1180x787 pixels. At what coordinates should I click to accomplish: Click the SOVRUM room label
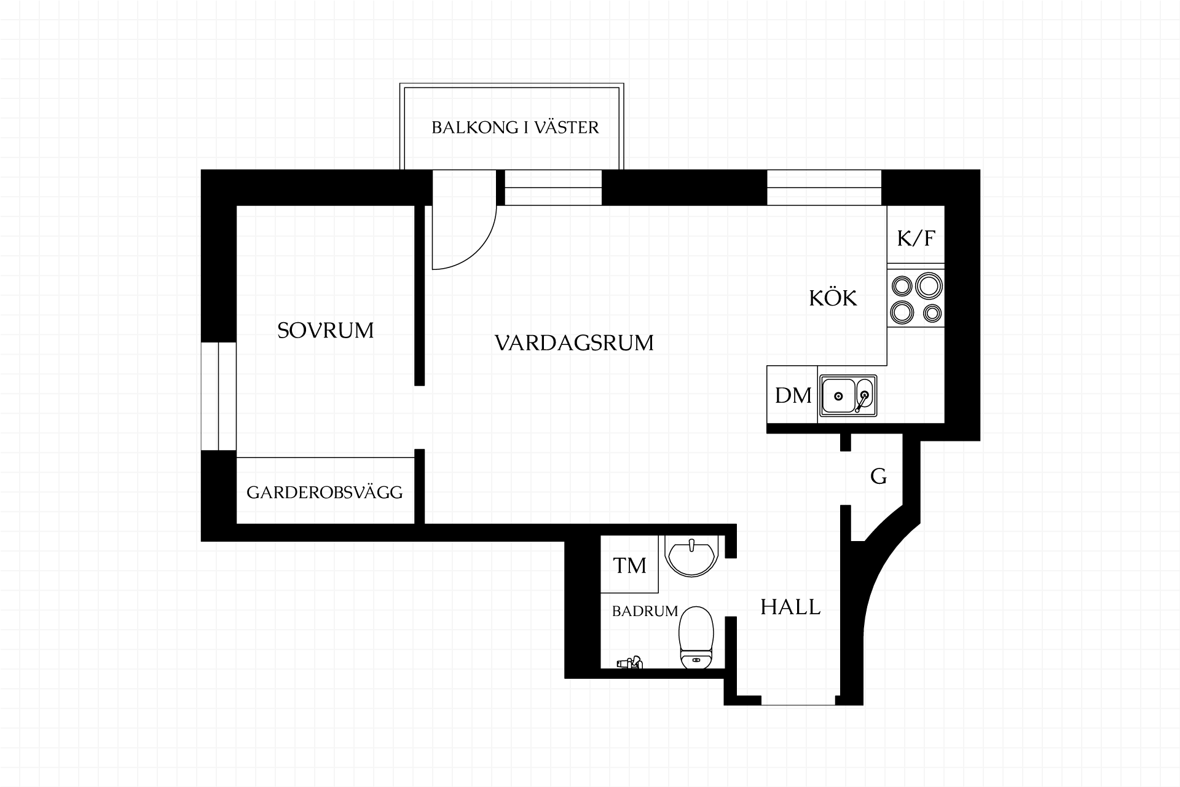(325, 331)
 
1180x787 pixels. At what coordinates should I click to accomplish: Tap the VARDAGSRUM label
(574, 343)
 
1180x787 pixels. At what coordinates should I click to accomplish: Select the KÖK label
(833, 298)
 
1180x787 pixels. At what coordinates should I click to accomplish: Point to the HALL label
(790, 607)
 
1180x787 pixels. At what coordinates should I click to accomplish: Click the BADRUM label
(645, 611)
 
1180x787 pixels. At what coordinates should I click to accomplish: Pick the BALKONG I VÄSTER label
(515, 127)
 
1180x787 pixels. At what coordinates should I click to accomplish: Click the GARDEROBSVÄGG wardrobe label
(324, 492)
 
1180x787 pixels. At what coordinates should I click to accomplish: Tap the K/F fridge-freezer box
(916, 235)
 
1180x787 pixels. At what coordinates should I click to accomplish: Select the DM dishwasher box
(792, 395)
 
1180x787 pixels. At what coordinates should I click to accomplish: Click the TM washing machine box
(629, 564)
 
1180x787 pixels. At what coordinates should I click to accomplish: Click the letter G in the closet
(879, 477)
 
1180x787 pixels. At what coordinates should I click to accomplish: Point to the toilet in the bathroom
(696, 637)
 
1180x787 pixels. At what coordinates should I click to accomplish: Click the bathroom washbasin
(691, 556)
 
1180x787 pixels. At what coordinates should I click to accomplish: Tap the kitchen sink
(848, 395)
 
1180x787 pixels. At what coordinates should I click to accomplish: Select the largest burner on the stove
(929, 287)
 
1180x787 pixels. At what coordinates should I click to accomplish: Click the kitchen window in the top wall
(824, 188)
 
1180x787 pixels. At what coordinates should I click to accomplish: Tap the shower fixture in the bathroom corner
(629, 663)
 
